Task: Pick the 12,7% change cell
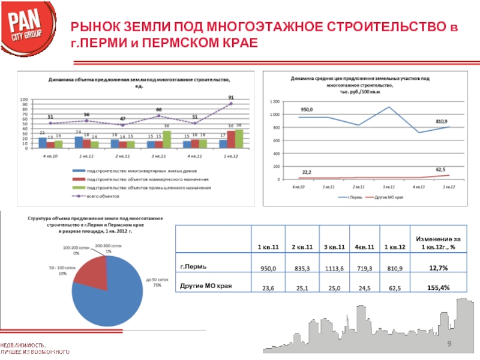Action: tap(439, 269)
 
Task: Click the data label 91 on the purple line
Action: tap(231, 97)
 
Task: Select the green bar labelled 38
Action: tap(239, 139)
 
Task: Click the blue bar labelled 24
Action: tap(79, 142)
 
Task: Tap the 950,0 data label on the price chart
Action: tap(307, 110)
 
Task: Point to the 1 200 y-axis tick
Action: tap(275, 101)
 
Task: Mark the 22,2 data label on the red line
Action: tap(307, 172)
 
